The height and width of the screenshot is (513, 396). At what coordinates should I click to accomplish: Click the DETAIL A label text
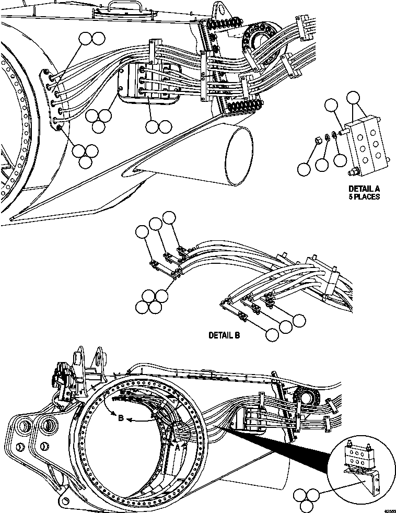[x=364, y=189]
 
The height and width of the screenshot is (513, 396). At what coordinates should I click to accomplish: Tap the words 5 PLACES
[x=364, y=197]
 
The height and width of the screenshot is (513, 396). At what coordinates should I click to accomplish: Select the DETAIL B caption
[x=224, y=335]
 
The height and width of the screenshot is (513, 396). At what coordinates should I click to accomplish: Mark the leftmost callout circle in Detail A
[x=303, y=168]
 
